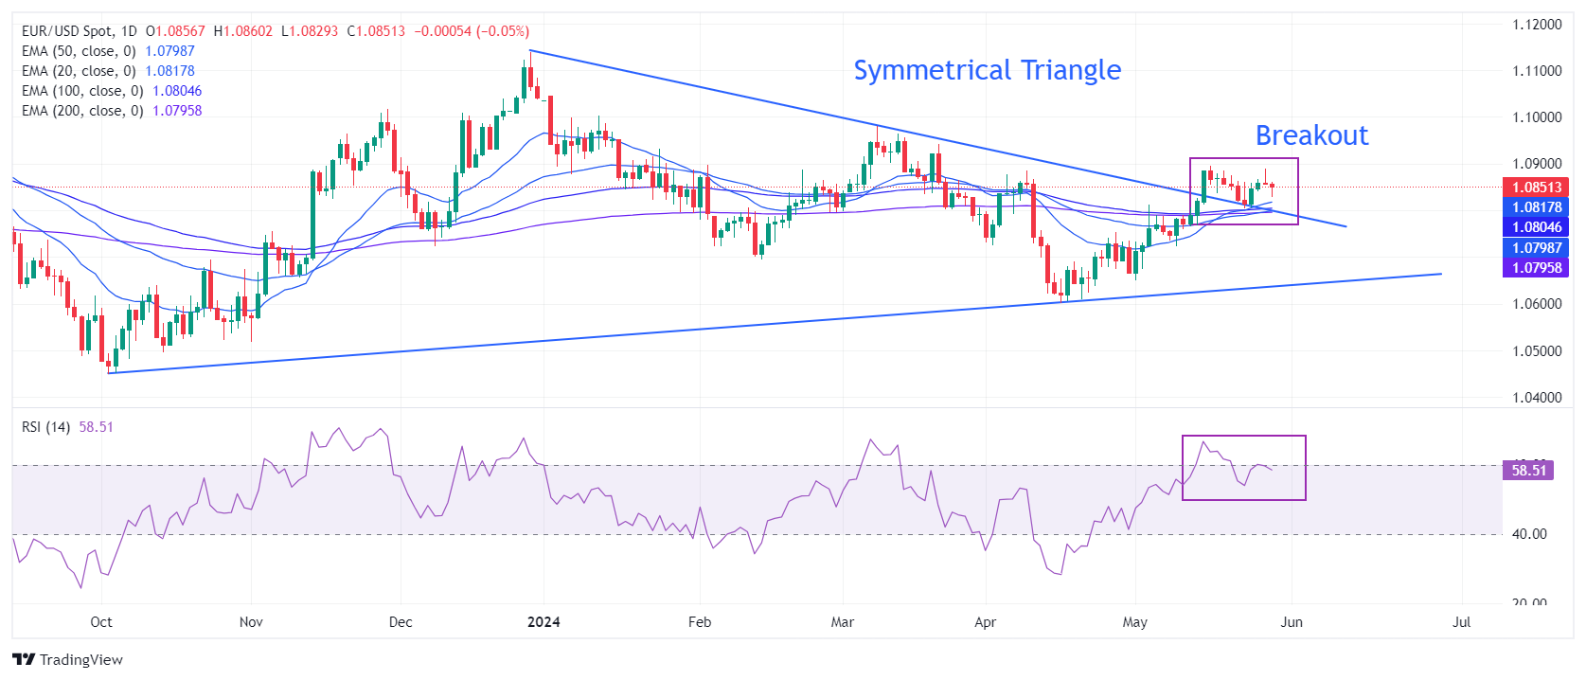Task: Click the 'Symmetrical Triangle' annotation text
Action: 987,70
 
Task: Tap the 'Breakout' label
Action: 1311,135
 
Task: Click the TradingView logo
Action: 67,659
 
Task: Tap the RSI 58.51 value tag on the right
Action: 1528,470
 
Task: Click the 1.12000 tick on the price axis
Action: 1537,25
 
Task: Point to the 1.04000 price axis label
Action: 1537,398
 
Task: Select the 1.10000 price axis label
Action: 1537,117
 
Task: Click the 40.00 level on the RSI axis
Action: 1529,534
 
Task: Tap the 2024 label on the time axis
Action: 544,622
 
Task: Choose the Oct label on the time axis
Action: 101,622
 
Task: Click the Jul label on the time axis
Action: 1462,622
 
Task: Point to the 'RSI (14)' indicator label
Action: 45,427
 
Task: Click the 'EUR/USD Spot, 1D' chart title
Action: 80,31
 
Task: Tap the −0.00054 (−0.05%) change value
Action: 472,31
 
